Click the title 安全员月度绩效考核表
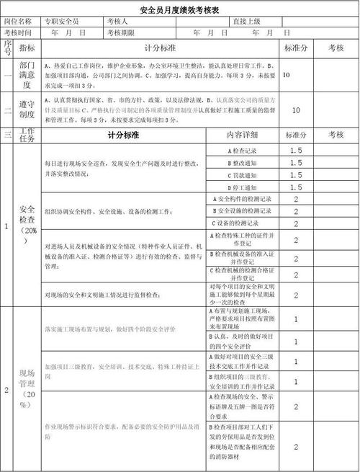click(x=180, y=9)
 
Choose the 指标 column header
click(x=27, y=48)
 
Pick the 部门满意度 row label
click(x=27, y=74)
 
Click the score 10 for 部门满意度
click(x=287, y=74)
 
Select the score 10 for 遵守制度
click(x=296, y=110)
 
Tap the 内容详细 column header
click(x=242, y=135)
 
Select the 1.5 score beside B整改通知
click(x=296, y=163)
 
